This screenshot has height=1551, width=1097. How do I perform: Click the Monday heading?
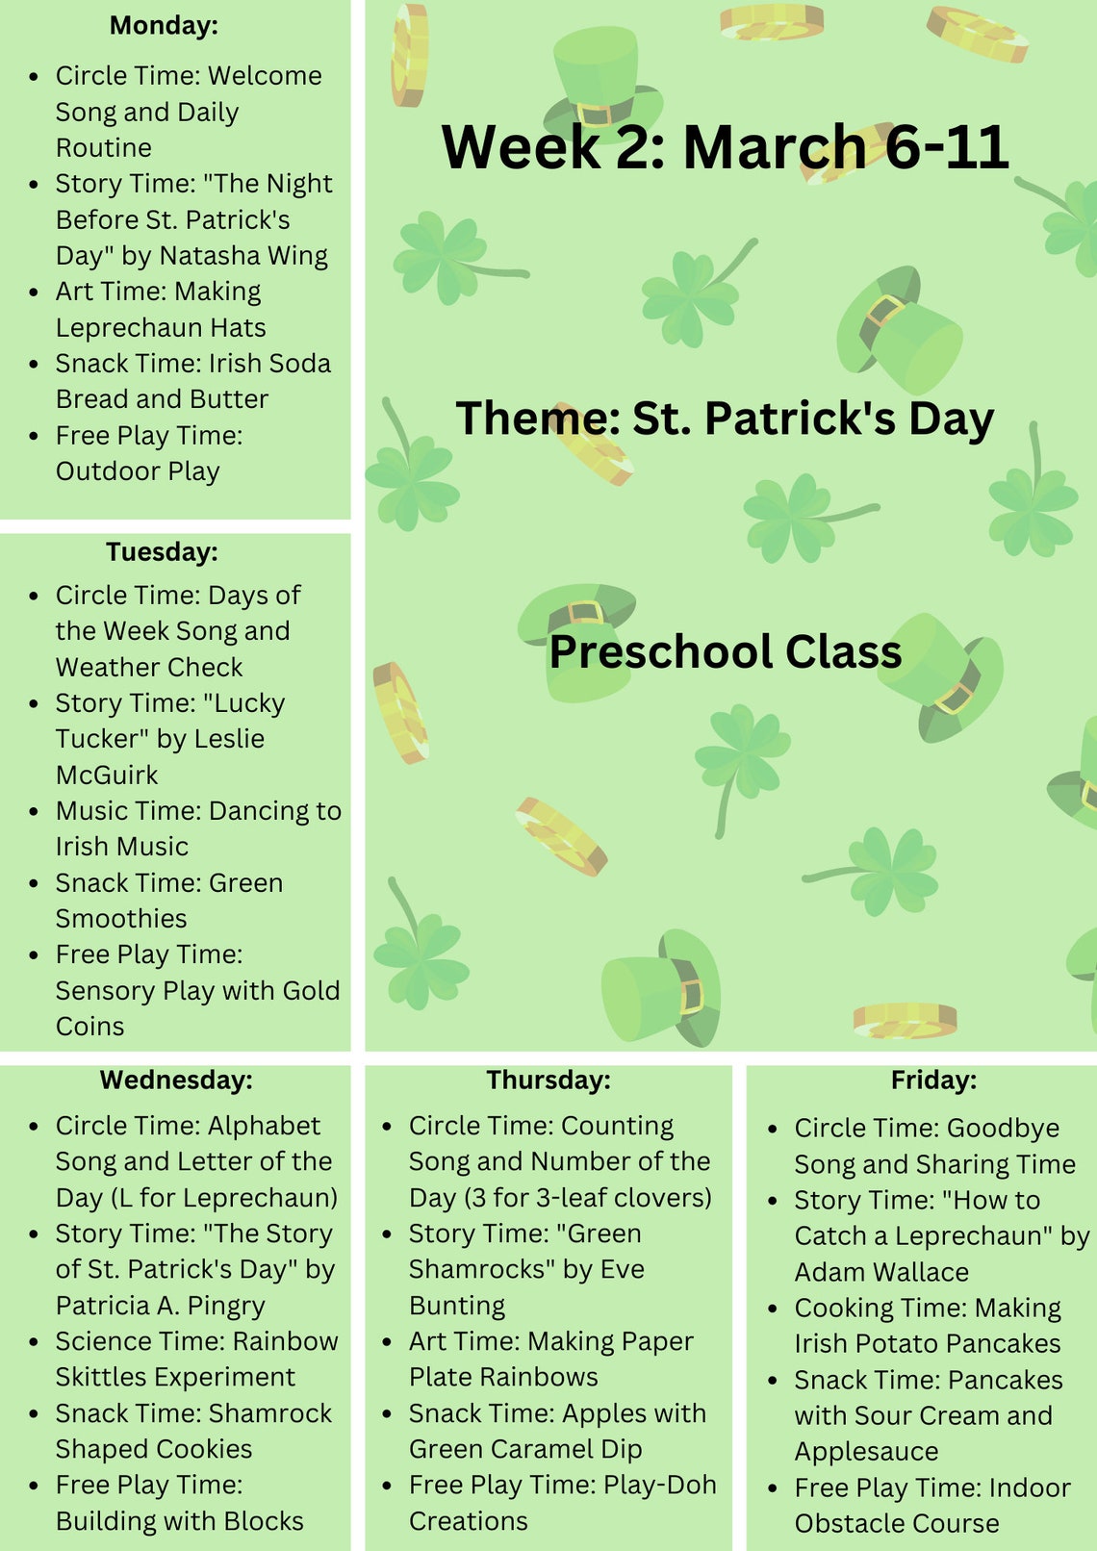pos(164,25)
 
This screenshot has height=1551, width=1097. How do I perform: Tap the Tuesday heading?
pos(162,551)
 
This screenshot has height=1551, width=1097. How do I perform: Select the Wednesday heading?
pos(176,1080)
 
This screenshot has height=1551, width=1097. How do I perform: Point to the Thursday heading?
pos(548,1080)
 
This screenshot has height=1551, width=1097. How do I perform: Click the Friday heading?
pos(932,1080)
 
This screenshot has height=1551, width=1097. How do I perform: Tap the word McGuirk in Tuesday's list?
pos(106,775)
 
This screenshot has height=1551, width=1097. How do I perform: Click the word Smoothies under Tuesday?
pos(121,919)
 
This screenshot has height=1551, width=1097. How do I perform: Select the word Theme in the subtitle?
pos(537,420)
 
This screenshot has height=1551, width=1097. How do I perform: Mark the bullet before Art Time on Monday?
pos(34,292)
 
